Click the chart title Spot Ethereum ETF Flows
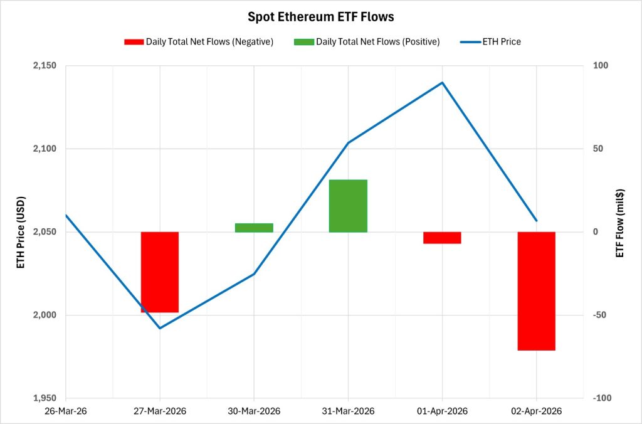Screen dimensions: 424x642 tap(320, 16)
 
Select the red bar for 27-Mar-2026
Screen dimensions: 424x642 tap(160, 272)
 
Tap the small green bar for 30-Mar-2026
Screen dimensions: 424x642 tap(254, 228)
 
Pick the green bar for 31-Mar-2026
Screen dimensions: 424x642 tap(348, 206)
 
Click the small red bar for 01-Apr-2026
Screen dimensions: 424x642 tap(442, 238)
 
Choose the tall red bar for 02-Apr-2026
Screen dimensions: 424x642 tap(536, 291)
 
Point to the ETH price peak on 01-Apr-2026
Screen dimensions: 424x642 tap(442, 82)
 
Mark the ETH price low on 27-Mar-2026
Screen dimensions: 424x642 tap(160, 328)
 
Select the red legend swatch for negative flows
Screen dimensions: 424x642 tap(134, 42)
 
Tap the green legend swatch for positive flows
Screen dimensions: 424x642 tap(303, 42)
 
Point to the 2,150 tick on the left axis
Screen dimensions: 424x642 tap(44, 66)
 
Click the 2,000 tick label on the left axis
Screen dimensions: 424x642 tap(44, 315)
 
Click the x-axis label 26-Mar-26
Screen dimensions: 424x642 tap(66, 411)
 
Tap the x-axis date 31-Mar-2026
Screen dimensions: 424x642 tap(348, 411)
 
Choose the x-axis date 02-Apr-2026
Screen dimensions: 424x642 tap(536, 411)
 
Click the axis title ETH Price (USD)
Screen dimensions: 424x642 tap(20, 232)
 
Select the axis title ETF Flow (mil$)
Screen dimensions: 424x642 tap(621, 232)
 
